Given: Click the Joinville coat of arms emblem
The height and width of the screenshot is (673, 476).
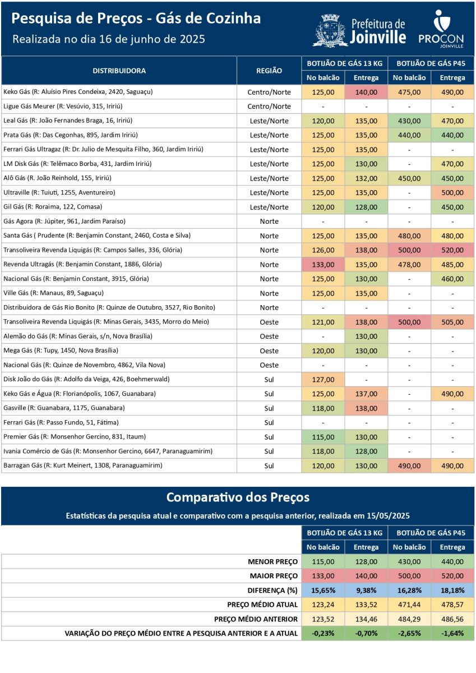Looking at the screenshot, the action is click(330, 31).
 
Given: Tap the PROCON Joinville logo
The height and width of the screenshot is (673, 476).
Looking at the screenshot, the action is click(441, 29).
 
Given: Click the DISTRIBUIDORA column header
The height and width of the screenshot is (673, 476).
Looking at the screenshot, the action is click(119, 71).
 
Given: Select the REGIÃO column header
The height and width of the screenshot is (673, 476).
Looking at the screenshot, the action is click(269, 71).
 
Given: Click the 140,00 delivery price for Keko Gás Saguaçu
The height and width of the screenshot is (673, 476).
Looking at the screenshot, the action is click(366, 92).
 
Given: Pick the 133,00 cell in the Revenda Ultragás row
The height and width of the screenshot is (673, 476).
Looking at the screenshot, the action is click(323, 265).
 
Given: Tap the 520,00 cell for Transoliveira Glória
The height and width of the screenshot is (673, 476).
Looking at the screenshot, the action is click(452, 250).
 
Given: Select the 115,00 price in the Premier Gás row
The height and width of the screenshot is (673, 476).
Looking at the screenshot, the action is click(323, 437).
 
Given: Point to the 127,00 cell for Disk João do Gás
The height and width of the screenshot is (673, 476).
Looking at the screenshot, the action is click(323, 380).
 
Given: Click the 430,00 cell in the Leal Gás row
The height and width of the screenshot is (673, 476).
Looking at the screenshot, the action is click(409, 121).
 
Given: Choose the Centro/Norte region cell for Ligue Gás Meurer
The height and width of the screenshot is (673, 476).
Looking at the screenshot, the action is click(269, 107).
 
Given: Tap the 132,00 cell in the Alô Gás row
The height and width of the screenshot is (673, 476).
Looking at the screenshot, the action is click(366, 178).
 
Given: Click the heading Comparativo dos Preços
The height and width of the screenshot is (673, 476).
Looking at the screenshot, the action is click(238, 497).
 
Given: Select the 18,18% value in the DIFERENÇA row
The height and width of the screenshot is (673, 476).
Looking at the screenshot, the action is click(452, 591).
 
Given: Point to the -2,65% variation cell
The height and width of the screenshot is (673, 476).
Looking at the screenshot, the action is click(409, 633).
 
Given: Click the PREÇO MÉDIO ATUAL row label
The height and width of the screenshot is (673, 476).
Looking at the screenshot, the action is click(262, 605).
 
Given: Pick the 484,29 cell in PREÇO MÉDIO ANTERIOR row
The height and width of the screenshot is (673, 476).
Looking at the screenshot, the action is click(409, 619).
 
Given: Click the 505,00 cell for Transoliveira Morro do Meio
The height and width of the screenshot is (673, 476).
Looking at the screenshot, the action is click(452, 322).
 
